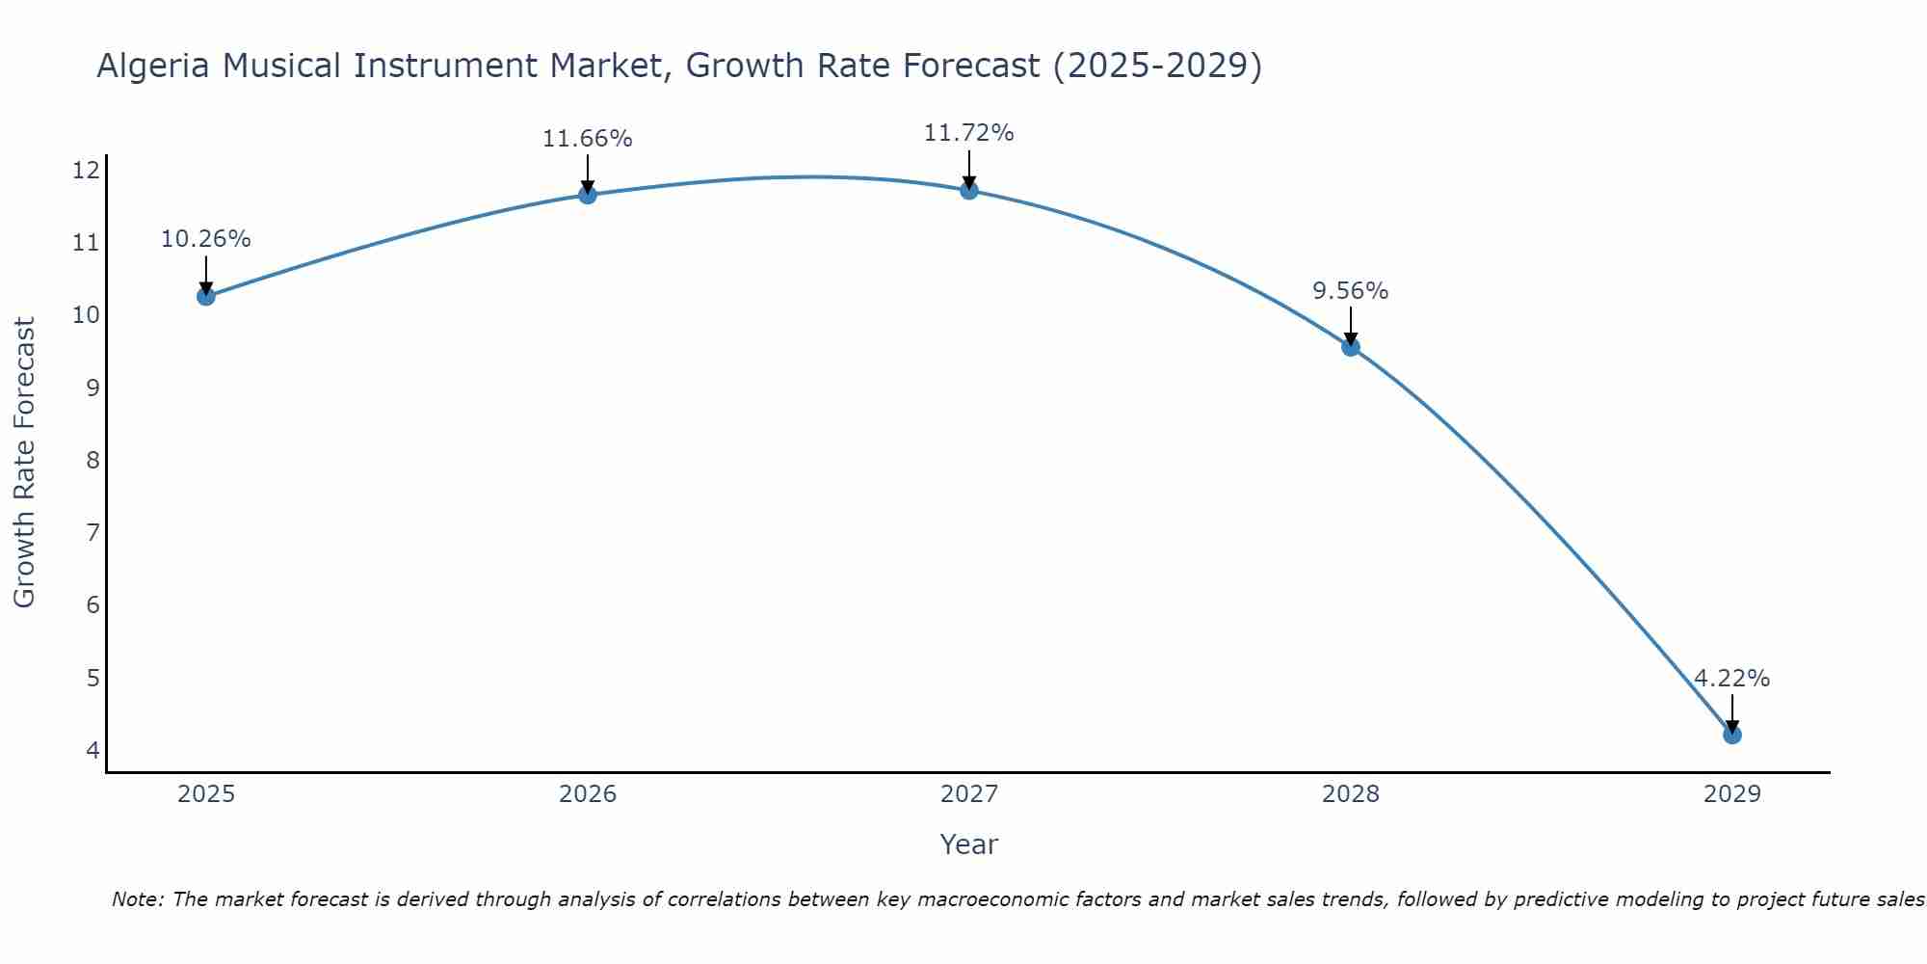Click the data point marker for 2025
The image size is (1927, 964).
[x=206, y=296]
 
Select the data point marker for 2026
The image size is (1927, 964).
[x=588, y=195]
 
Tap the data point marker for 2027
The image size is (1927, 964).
[x=969, y=190]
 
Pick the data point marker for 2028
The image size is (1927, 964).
[x=1351, y=347]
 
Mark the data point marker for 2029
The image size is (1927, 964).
[x=1732, y=735]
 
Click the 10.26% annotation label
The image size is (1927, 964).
[x=205, y=239]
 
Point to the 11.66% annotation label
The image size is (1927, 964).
[x=587, y=139]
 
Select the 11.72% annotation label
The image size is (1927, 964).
[x=968, y=133]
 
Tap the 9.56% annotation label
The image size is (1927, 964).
[x=1350, y=291]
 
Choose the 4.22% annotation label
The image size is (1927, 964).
[x=1731, y=679]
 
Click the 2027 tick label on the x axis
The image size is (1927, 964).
[x=969, y=794]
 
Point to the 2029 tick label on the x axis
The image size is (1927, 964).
[x=1732, y=794]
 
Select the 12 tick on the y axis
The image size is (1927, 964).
[x=86, y=171]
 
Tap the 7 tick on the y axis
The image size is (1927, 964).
[x=92, y=532]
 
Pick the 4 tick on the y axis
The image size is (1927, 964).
[x=92, y=750]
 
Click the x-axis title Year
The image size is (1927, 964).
[x=968, y=844]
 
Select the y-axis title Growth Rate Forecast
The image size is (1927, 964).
[x=24, y=462]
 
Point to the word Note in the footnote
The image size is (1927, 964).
[x=138, y=899]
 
